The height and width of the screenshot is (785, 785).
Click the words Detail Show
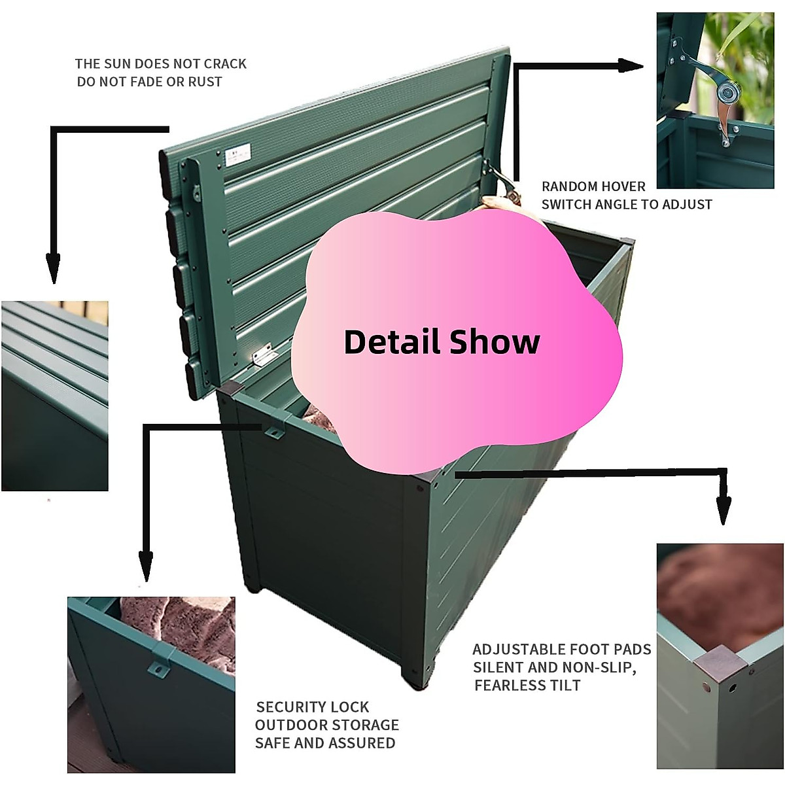pos(442,342)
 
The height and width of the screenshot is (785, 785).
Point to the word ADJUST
pos(687,205)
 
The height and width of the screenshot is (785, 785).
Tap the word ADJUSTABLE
pos(521,650)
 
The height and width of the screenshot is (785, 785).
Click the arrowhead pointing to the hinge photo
pos(631,65)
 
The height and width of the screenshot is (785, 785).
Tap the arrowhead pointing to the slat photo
pos(54,268)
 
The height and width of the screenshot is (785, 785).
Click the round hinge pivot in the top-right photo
pos(725,94)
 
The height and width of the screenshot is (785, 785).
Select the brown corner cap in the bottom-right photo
pos(720,663)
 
